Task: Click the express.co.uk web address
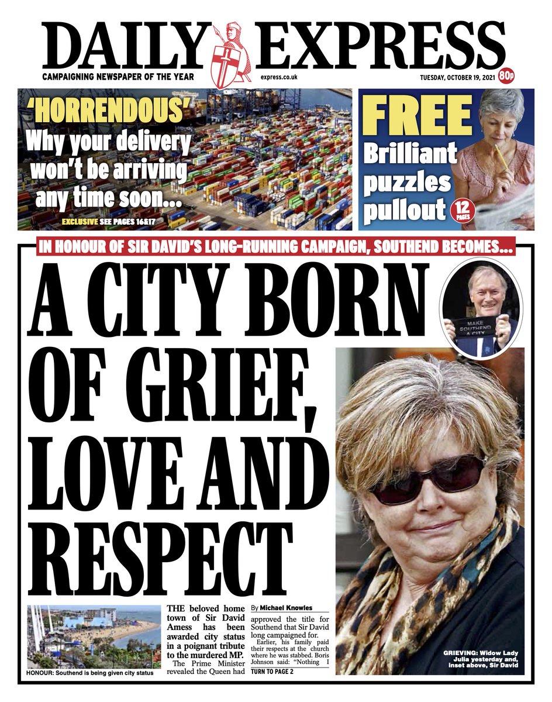tap(279, 77)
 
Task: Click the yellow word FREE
tap(416, 115)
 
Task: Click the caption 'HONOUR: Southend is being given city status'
tap(90, 673)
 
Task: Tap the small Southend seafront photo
tap(94, 636)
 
